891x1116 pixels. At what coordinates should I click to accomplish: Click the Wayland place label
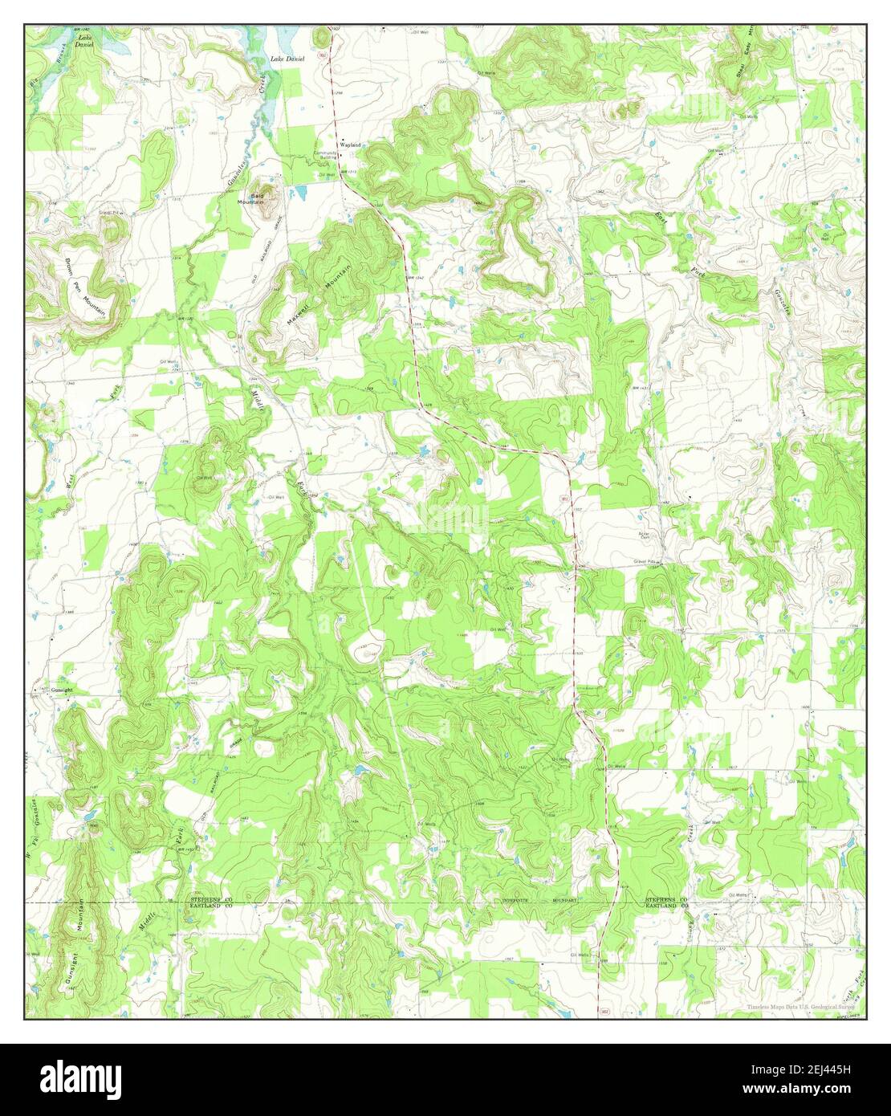(350, 145)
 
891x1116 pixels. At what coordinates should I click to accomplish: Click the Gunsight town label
(63, 690)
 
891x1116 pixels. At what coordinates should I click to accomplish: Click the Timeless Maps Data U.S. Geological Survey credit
(799, 1006)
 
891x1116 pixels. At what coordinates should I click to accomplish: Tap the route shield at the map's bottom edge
(600, 1008)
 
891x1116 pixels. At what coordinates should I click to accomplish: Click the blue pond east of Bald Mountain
(301, 193)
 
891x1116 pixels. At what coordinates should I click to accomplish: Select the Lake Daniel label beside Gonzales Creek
(287, 59)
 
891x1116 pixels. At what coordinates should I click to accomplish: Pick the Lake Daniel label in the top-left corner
(84, 42)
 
